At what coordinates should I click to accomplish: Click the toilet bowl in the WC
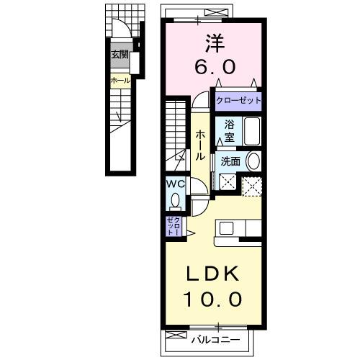pos(174,199)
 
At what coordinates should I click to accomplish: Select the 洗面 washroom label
pos(230,161)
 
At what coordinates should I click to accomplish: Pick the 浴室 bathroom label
pos(228,130)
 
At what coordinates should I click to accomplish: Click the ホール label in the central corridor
pos(201,144)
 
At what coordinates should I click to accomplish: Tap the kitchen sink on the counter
pos(227,228)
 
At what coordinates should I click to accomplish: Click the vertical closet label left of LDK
pos(174,226)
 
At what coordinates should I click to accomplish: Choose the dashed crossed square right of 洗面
pos(252,185)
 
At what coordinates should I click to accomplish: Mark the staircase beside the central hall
pos(177,130)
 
